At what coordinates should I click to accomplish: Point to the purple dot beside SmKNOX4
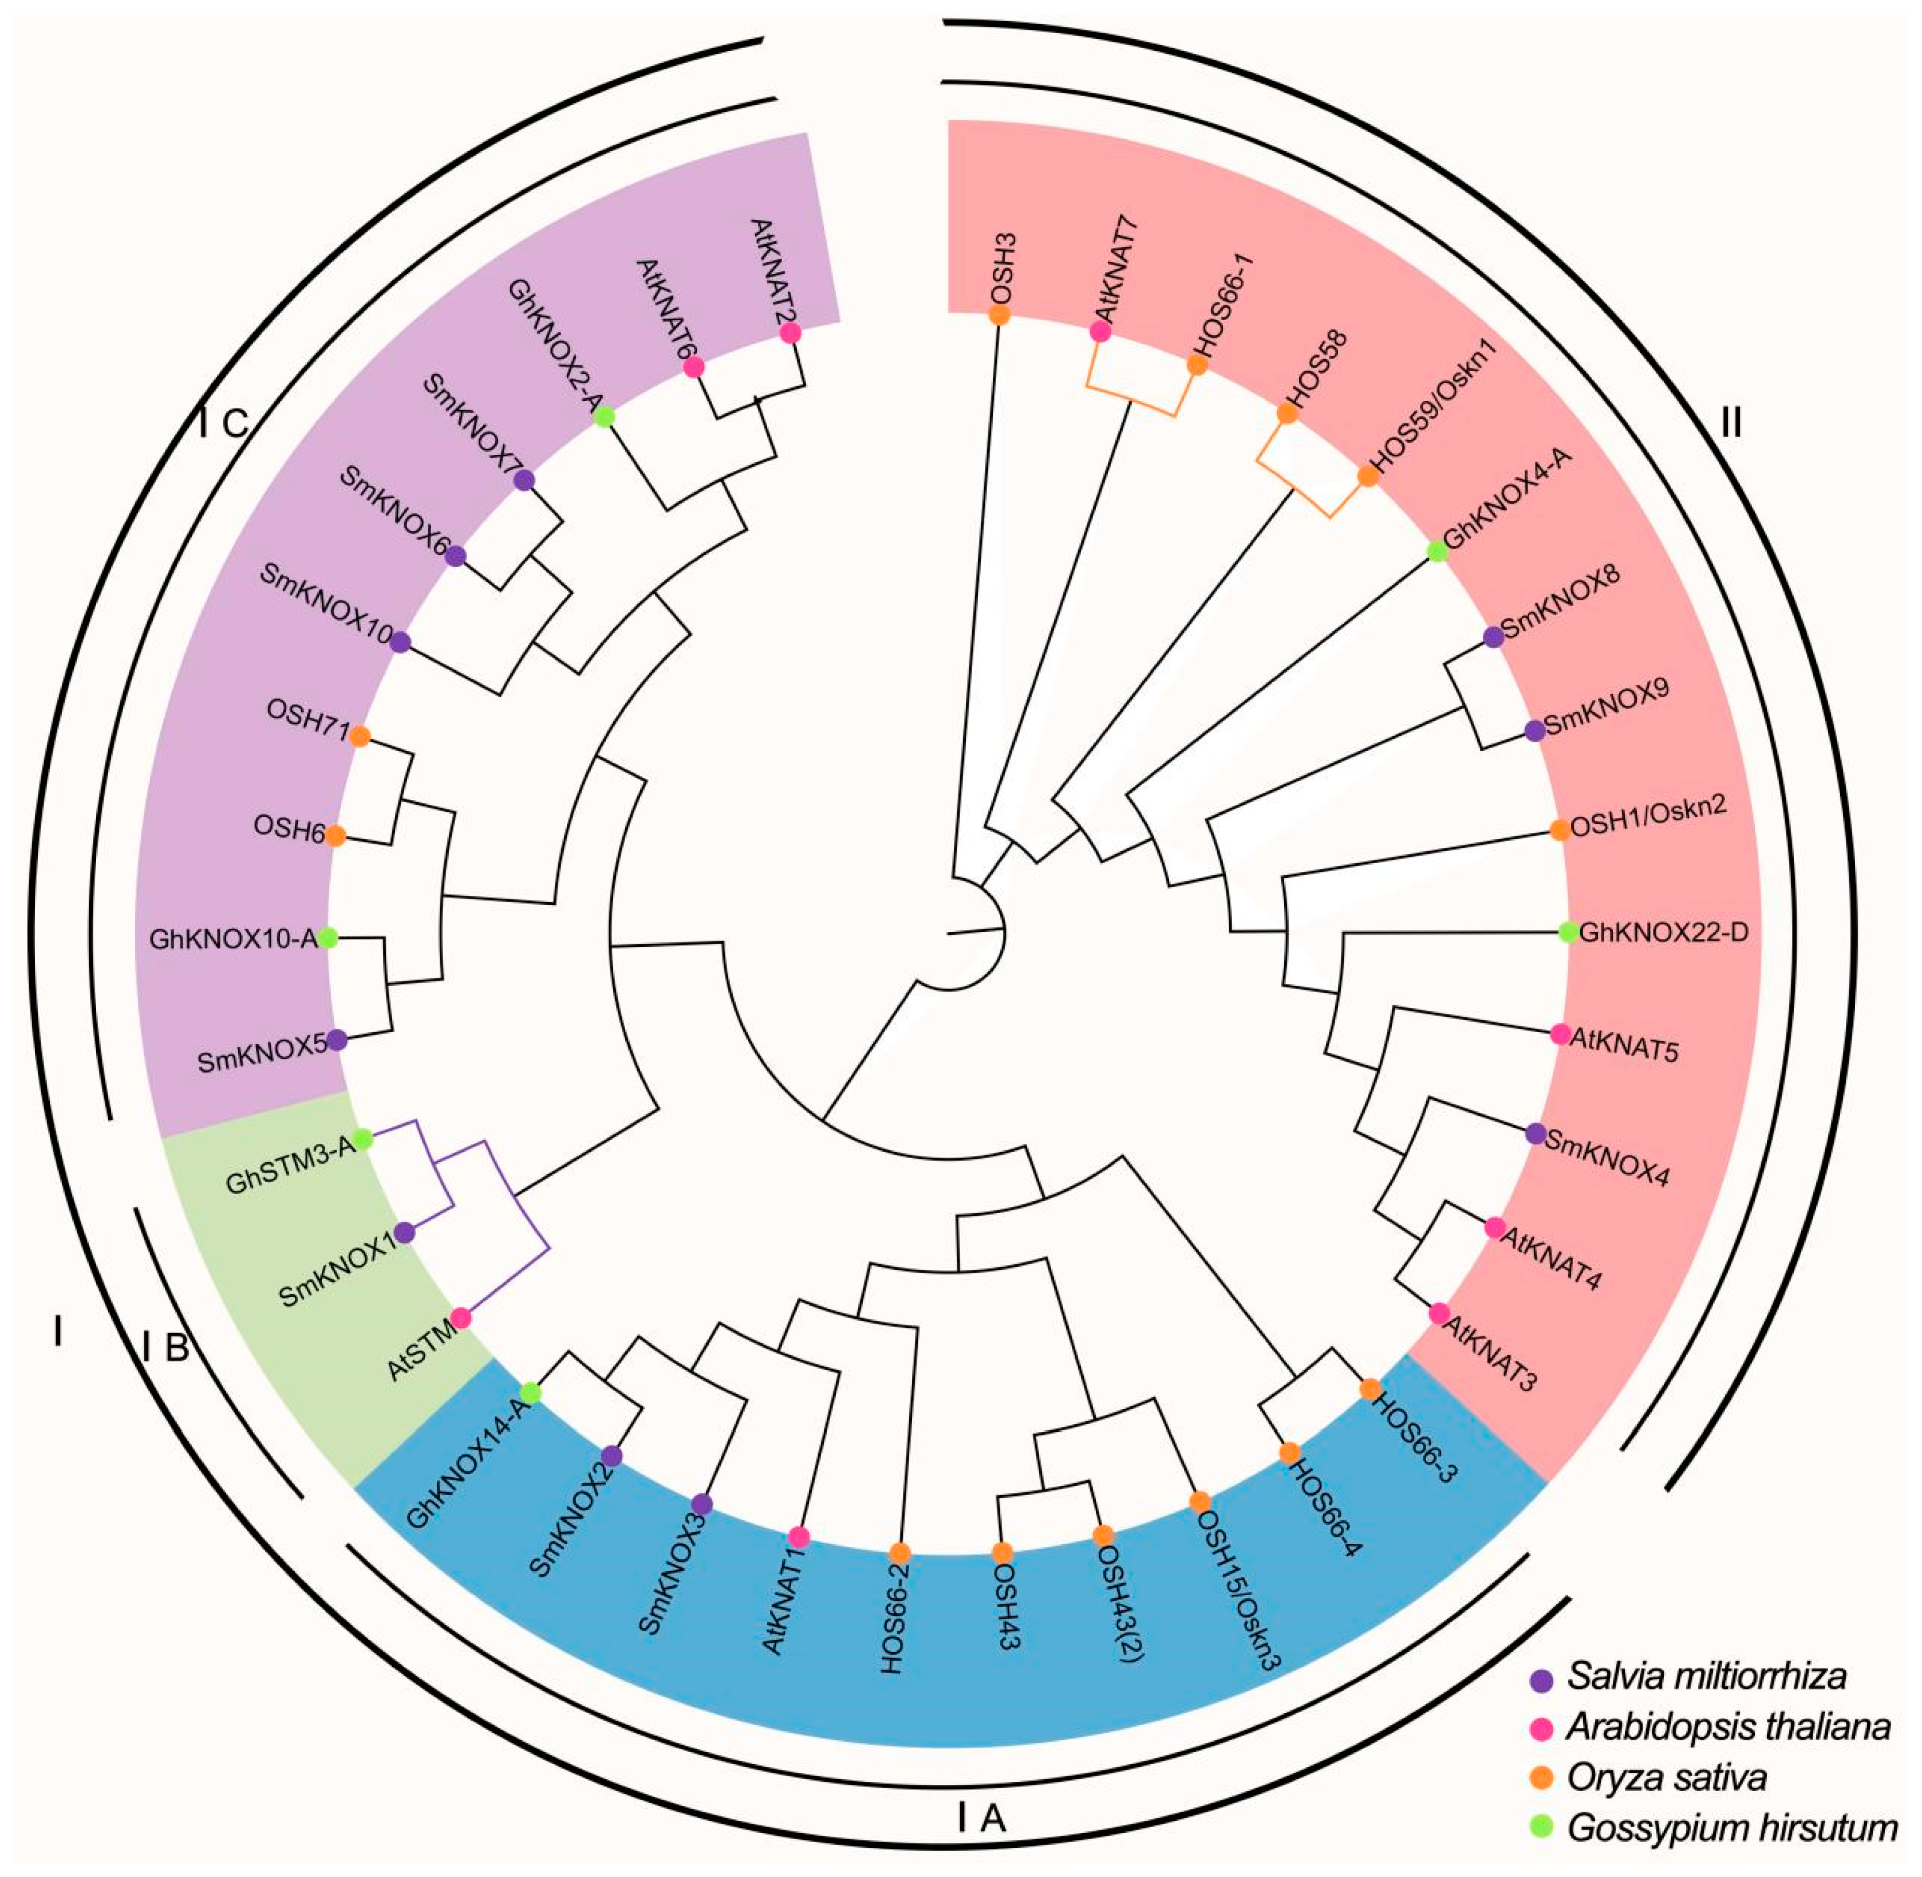coord(1534,1134)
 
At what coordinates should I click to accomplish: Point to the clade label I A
coord(981,1817)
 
